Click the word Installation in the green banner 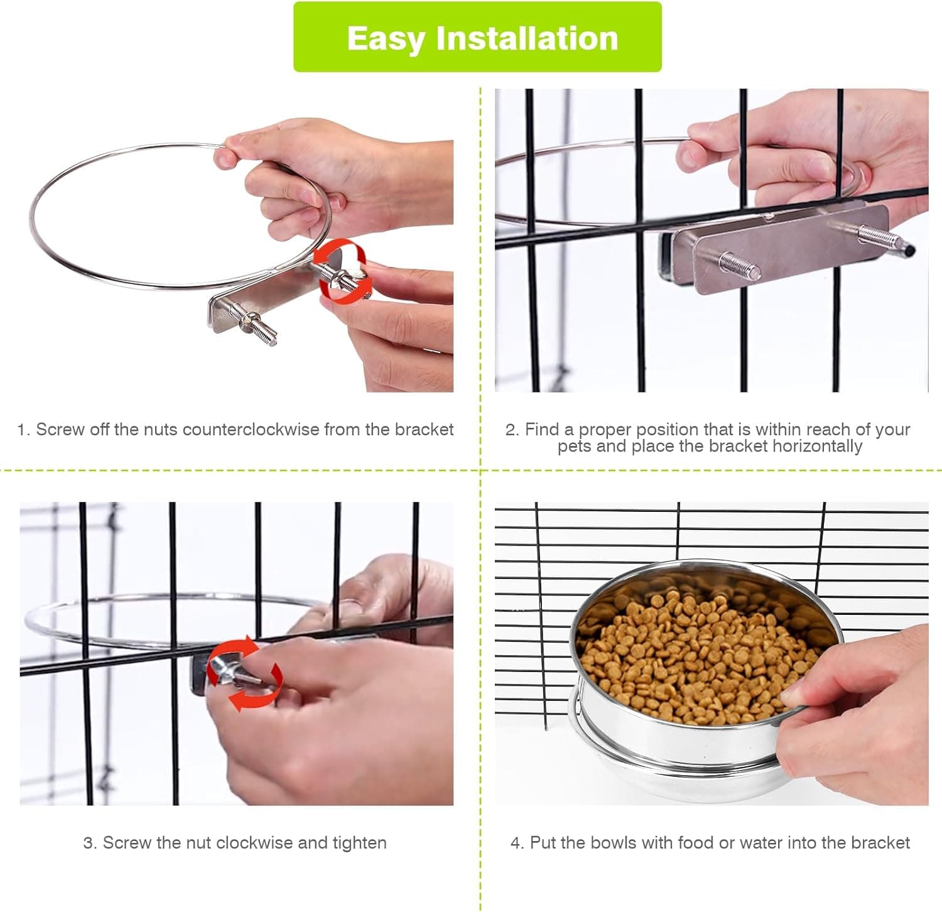(x=527, y=38)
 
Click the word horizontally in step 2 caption (x=817, y=447)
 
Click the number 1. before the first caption (x=23, y=430)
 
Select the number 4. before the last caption (x=516, y=843)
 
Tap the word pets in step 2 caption (x=573, y=447)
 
